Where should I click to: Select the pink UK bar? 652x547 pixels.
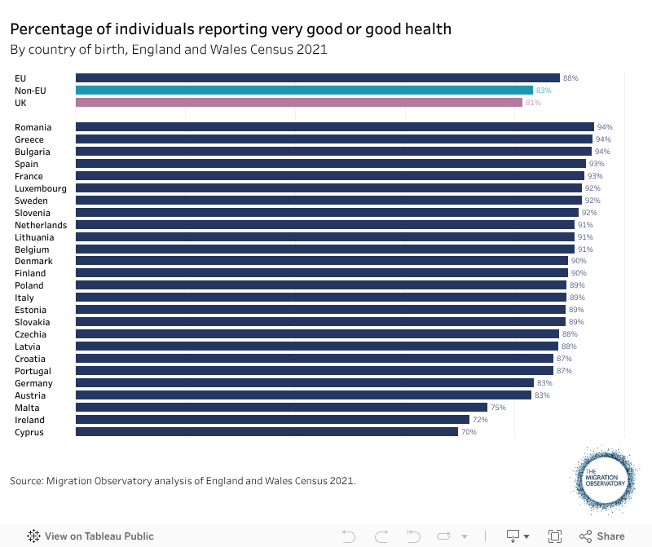(x=298, y=103)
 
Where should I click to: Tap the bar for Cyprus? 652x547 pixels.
(x=267, y=432)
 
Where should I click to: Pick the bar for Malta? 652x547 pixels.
(x=281, y=408)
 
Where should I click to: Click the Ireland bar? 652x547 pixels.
(x=272, y=420)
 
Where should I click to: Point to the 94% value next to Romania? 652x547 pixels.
(x=604, y=127)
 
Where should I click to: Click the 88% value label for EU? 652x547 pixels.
(x=570, y=78)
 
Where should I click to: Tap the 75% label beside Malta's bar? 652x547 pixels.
(x=498, y=408)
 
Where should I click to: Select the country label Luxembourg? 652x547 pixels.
(x=41, y=188)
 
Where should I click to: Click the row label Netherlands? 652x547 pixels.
(x=41, y=225)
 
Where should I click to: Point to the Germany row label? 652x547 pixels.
(x=33, y=383)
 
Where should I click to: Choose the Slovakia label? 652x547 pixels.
(x=32, y=322)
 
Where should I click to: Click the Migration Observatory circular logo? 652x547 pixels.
(x=604, y=481)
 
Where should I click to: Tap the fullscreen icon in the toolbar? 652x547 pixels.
(x=555, y=536)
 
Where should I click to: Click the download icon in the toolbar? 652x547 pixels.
(x=513, y=536)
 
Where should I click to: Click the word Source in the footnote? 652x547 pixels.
(x=29, y=481)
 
